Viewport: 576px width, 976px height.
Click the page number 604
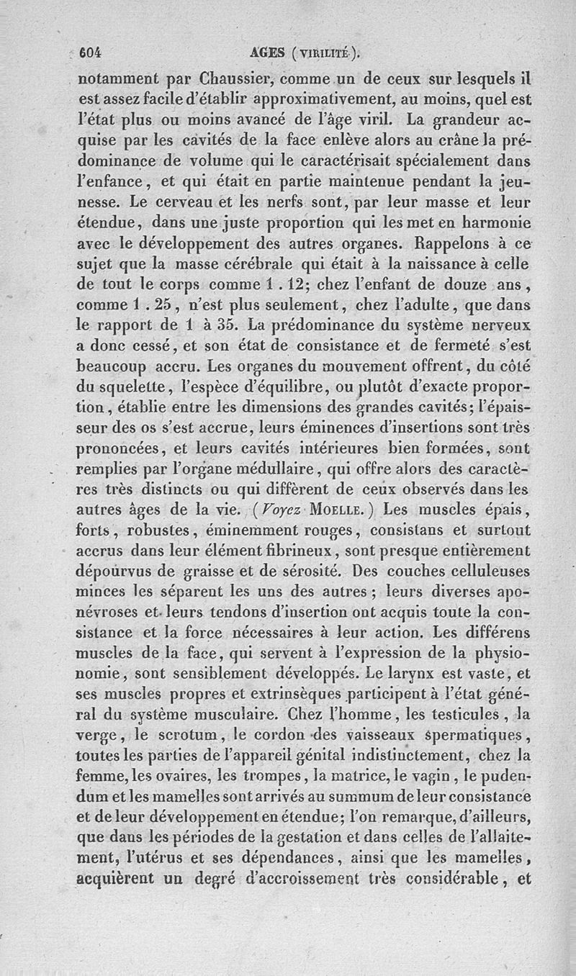pos(92,52)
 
